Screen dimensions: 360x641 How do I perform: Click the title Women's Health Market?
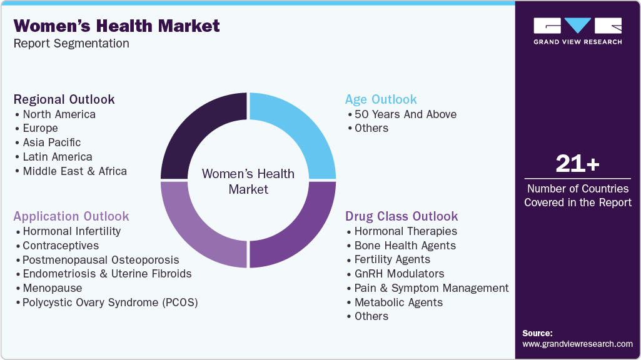pyautogui.click(x=116, y=26)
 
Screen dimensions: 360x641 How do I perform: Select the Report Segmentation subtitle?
pyautogui.click(x=71, y=44)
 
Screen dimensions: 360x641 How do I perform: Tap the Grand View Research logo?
pyautogui.click(x=577, y=31)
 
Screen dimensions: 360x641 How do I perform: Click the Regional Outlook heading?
pyautogui.click(x=64, y=99)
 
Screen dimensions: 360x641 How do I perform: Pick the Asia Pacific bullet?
pyautogui.click(x=51, y=142)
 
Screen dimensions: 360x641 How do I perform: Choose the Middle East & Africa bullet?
pyautogui.click(x=74, y=171)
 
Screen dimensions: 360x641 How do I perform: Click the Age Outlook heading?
pyautogui.click(x=381, y=99)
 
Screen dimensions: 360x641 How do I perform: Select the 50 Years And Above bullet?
pyautogui.click(x=405, y=114)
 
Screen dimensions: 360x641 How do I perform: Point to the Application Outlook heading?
pyautogui.click(x=71, y=216)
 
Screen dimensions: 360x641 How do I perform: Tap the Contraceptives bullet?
pyautogui.click(x=61, y=246)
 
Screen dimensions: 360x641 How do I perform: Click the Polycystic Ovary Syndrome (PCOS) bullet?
pyautogui.click(x=109, y=302)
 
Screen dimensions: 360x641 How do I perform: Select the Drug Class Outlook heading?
pyautogui.click(x=401, y=216)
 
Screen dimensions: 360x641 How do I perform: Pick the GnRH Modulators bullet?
pyautogui.click(x=398, y=274)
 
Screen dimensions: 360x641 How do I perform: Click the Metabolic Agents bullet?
pyautogui.click(x=398, y=302)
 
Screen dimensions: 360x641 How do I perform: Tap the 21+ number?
pyautogui.click(x=577, y=164)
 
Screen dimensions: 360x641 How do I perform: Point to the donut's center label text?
pyautogui.click(x=248, y=181)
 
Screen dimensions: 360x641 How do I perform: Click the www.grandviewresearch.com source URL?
pyautogui.click(x=577, y=344)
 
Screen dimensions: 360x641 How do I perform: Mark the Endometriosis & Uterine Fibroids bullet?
pyautogui.click(x=107, y=274)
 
